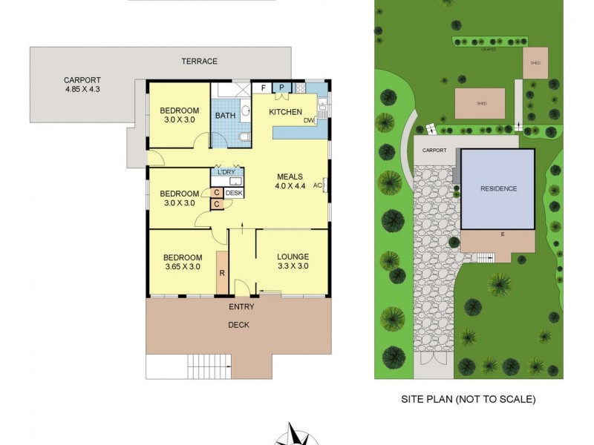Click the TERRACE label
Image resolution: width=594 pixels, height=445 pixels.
click(200, 61)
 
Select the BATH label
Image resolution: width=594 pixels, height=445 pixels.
click(225, 116)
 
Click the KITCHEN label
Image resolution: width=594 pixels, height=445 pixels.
click(285, 113)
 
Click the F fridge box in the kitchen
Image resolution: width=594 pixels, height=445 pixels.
click(264, 88)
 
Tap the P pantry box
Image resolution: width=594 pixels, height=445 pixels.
click(282, 88)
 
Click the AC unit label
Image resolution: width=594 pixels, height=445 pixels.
click(318, 185)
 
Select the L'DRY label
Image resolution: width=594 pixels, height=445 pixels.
click(226, 172)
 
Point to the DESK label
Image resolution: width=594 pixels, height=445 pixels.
click(234, 193)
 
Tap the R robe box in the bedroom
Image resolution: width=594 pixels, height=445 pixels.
click(222, 273)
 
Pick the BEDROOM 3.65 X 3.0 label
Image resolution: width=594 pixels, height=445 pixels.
click(182, 262)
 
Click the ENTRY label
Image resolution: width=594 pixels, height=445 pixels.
click(242, 306)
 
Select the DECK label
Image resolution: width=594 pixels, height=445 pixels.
click(238, 325)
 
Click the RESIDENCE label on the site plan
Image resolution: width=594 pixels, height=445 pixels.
click(497, 188)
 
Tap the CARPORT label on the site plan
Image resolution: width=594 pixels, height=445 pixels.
click(435, 150)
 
